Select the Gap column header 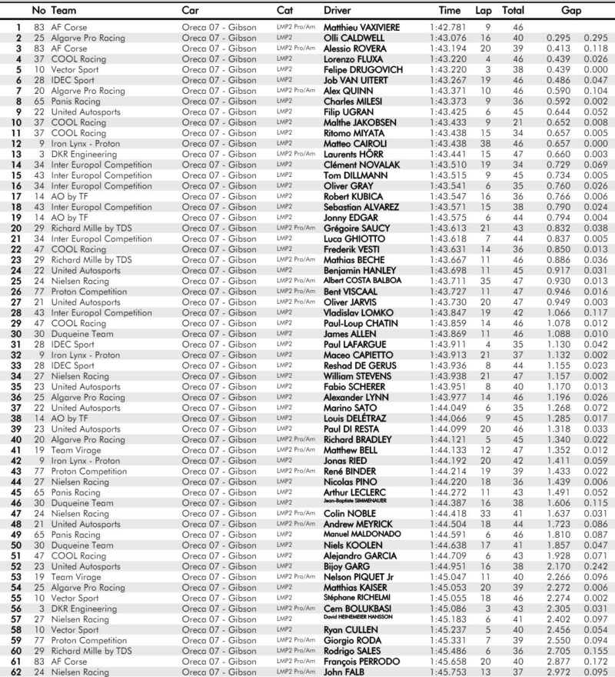point(571,11)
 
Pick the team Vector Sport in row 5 point(75,69)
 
